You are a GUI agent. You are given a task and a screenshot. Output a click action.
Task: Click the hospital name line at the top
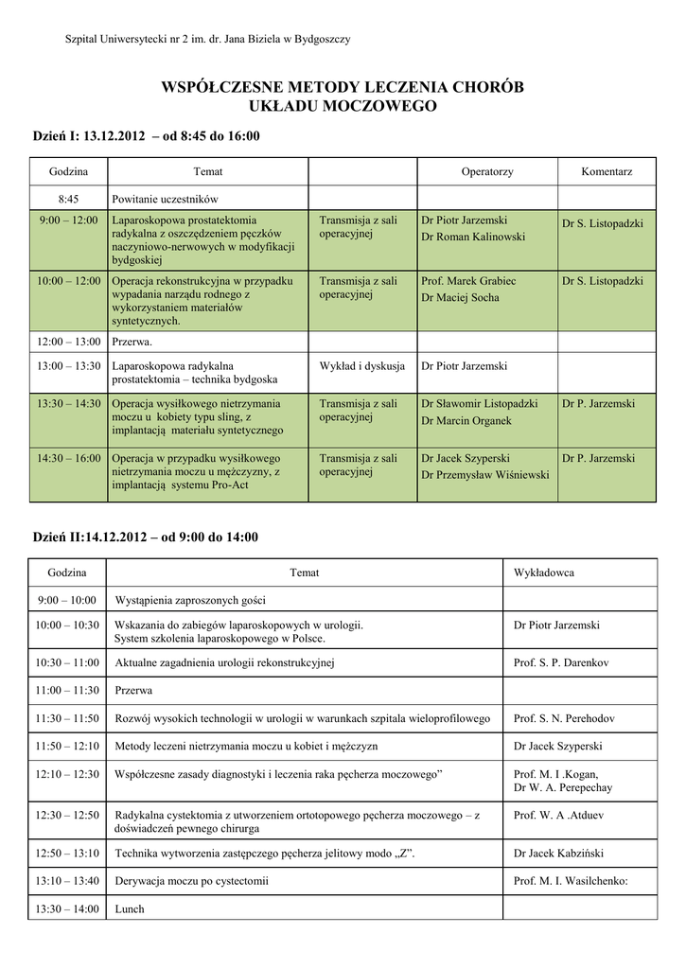pos(207,39)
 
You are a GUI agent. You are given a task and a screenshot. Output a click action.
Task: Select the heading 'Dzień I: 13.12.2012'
pos(87,136)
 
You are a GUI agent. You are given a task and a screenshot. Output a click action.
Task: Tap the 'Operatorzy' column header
pos(486,171)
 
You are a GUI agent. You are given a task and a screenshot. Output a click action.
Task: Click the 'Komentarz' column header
pos(607,171)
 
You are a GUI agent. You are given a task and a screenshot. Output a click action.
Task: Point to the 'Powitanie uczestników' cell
pos(165,199)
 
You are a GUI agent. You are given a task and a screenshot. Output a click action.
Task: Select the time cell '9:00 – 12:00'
pos(68,220)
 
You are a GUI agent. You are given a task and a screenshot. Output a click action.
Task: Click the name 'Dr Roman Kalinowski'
pos(472,237)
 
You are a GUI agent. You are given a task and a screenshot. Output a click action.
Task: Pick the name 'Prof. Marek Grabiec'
pos(468,281)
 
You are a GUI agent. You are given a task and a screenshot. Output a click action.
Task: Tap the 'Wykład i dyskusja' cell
pos(361,365)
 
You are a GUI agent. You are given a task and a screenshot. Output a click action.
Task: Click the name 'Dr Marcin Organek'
pos(466,420)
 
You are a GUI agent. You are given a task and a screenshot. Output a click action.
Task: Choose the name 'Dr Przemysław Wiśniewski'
pos(484,474)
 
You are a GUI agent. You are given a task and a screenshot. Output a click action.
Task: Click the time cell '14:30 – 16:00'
pos(68,458)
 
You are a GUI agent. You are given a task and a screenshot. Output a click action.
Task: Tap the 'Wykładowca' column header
pos(543,573)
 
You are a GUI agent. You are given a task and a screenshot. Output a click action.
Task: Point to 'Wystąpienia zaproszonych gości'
pos(190,600)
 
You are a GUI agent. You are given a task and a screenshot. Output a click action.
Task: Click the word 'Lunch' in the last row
pos(129,908)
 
